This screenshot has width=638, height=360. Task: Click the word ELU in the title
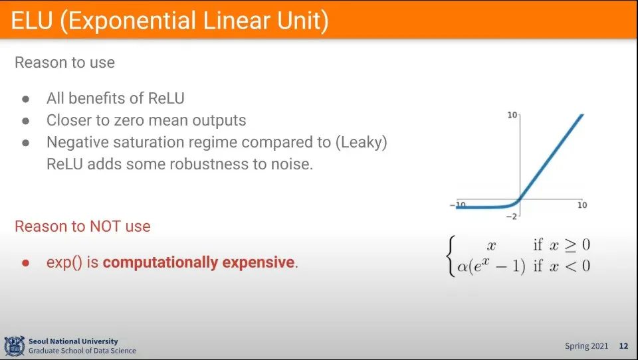coord(32,21)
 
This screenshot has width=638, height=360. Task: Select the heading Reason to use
coord(64,62)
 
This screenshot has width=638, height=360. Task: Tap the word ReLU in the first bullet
coord(166,98)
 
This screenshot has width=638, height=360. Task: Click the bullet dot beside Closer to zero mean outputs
coord(26,121)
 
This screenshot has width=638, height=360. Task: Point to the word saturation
coord(175,142)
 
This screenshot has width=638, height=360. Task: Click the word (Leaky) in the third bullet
coord(362,142)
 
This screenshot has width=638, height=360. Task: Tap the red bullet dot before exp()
coord(26,263)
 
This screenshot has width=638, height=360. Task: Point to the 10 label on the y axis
coord(512,115)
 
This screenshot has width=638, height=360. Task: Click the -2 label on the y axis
coord(512,217)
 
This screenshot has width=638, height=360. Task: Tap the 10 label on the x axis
coord(582,205)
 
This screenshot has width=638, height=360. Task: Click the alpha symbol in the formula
coord(463,267)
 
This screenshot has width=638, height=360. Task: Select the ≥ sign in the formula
coord(570,246)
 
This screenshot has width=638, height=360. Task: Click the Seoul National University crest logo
coord(14,346)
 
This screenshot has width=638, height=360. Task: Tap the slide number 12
coord(623,346)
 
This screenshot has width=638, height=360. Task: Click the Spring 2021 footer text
coord(586,346)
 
